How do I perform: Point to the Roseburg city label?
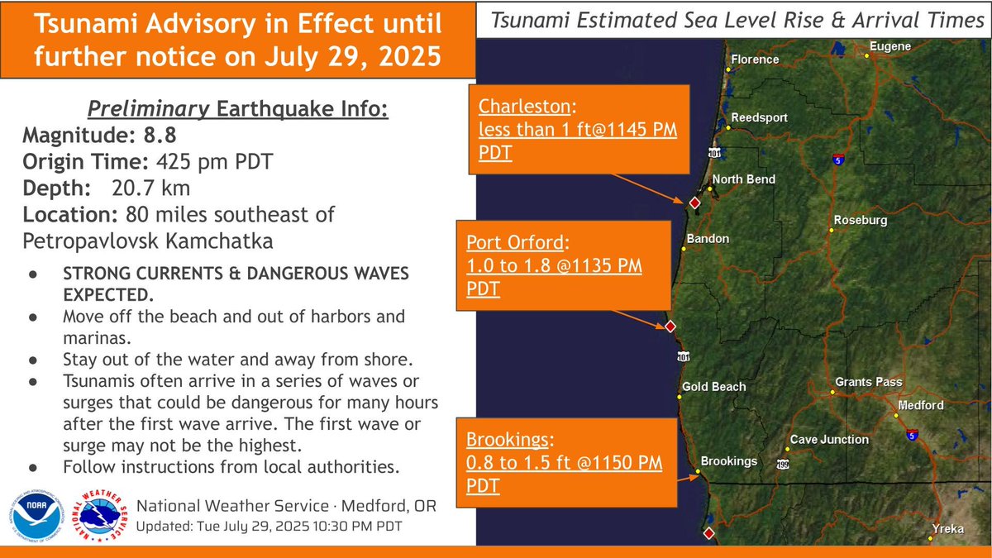click(860, 221)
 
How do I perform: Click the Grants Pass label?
click(868, 382)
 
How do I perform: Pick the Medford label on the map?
click(922, 406)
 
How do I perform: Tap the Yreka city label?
click(947, 529)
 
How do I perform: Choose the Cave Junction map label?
click(828, 440)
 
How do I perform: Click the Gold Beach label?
click(713, 387)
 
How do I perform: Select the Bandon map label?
click(708, 239)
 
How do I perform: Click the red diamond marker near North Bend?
click(695, 203)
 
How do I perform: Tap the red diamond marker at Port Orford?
click(670, 327)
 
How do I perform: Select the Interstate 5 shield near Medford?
click(910, 434)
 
